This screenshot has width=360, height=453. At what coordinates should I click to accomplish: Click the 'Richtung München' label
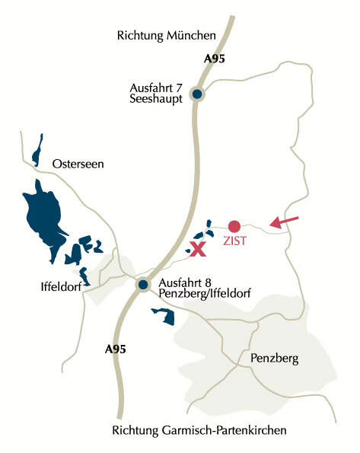(x=167, y=35)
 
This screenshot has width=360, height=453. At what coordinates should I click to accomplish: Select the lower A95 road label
(x=115, y=349)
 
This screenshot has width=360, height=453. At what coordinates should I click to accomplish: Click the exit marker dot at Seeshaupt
(x=197, y=94)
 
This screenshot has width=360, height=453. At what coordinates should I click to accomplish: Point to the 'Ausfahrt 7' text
(x=157, y=88)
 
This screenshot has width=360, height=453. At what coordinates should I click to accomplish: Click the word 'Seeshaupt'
(x=157, y=100)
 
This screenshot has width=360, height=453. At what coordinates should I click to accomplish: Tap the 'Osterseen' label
(x=77, y=164)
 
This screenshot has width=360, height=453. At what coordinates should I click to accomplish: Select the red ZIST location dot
(x=234, y=226)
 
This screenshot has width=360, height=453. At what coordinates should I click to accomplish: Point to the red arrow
(x=284, y=222)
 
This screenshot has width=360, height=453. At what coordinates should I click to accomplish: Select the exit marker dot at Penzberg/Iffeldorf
(x=142, y=286)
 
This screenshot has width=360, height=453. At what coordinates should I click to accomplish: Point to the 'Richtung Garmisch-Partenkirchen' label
(x=199, y=430)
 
